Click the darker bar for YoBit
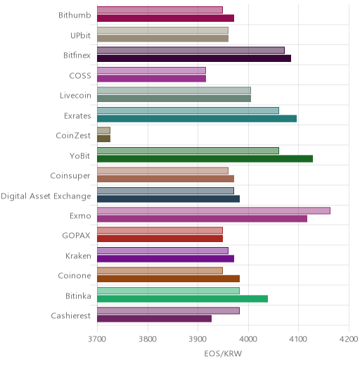[x=205, y=159]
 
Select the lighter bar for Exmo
[x=214, y=210]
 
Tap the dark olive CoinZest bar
[x=104, y=139]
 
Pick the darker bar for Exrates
[x=197, y=119]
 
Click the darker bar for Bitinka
[x=183, y=299]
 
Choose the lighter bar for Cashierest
[x=168, y=310]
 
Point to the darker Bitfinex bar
[x=194, y=58]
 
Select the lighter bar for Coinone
[x=160, y=271]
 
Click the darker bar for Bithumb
[x=166, y=18]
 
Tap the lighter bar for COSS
[x=151, y=70]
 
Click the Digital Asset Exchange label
[x=46, y=196]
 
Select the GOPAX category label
[x=76, y=235]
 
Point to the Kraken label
[x=78, y=255]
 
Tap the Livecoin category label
[x=75, y=96]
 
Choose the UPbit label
[x=80, y=35]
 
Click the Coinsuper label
[x=70, y=176]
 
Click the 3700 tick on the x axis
[x=97, y=339]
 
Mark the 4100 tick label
[x=298, y=339]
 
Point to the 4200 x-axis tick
[x=349, y=339]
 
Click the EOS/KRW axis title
[x=223, y=353]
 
